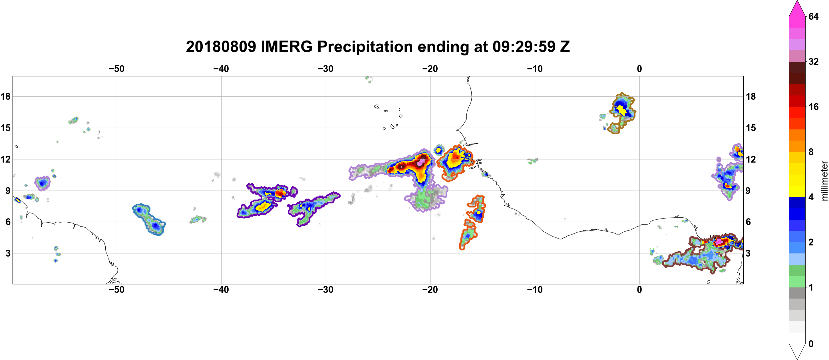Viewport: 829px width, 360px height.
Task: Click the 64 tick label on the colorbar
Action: (x=814, y=16)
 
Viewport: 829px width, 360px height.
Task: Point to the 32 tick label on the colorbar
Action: (x=814, y=61)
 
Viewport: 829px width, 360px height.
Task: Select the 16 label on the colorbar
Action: (x=814, y=107)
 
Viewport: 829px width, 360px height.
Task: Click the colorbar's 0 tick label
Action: (x=811, y=344)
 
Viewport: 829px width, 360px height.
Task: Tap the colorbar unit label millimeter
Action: (x=824, y=181)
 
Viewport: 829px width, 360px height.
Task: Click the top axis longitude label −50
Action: (x=116, y=69)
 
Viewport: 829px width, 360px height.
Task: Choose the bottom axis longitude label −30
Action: (x=326, y=290)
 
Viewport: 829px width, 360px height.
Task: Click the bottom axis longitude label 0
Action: (x=639, y=290)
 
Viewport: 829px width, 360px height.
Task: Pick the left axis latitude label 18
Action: (x=5, y=96)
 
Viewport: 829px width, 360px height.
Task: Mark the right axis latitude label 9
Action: (x=748, y=191)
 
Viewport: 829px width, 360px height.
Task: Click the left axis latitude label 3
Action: (x=8, y=253)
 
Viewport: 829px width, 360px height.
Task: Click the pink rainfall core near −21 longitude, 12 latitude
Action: (x=420, y=162)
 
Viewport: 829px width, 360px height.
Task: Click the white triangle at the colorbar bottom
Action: (x=797, y=351)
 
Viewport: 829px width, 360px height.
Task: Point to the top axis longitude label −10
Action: (x=535, y=69)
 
